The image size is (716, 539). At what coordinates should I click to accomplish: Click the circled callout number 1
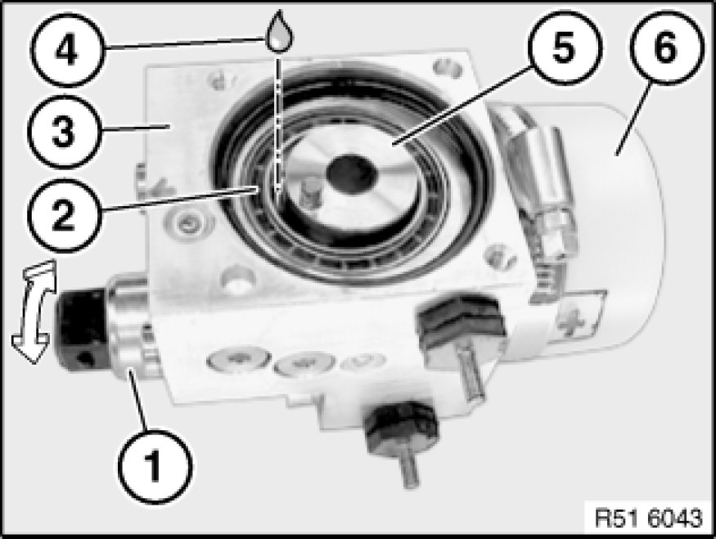pos(155,466)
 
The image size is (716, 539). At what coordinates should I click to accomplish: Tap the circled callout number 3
pos(64,132)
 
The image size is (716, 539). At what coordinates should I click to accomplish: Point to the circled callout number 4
pos(67,50)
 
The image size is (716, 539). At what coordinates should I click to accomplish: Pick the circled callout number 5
pos(565,47)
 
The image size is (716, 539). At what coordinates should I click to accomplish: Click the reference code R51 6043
pos(648,518)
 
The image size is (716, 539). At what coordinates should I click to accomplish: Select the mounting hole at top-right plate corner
pos(447,68)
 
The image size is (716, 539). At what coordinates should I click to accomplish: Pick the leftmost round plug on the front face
pos(237,359)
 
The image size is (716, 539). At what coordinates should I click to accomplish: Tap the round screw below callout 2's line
pos(188,224)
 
